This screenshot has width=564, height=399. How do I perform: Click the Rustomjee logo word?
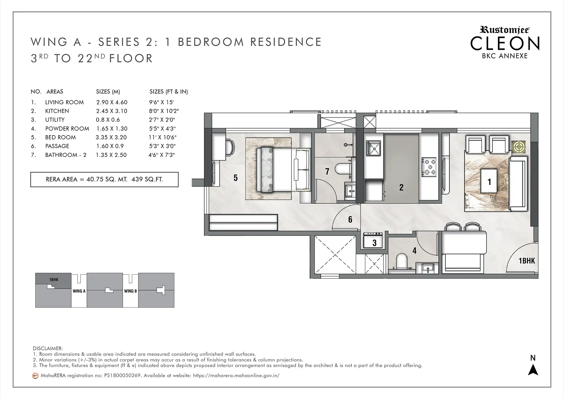point(504,30)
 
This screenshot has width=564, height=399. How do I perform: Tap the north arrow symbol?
point(533,370)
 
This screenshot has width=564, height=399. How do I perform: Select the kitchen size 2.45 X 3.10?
point(112,111)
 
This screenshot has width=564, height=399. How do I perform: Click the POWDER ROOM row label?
point(67,129)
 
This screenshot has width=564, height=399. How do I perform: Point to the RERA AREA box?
point(104,179)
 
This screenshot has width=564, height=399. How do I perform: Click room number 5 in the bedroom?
point(235,177)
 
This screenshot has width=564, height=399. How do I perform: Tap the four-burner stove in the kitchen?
point(429,167)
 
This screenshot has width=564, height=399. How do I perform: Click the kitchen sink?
point(374,148)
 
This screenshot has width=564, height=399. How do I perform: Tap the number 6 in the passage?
point(350,219)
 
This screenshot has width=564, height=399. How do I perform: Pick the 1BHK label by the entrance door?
point(527,261)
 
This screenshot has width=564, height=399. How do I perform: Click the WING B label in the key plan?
point(131,291)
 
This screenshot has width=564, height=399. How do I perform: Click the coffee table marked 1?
point(489,181)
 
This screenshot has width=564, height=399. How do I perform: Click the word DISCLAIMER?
point(48,348)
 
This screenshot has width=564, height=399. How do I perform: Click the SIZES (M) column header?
point(108,92)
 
